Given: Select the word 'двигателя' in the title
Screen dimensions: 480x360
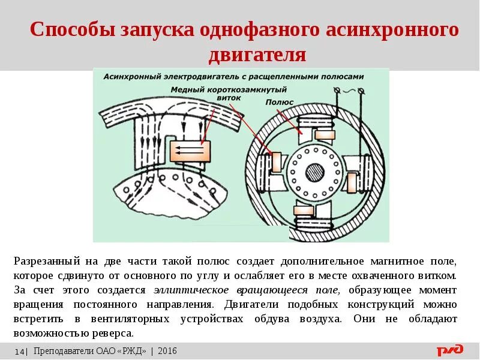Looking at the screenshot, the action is point(257,55).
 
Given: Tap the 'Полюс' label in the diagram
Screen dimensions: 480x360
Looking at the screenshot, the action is point(277,102).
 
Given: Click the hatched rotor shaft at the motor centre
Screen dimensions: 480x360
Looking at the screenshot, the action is point(314,172).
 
